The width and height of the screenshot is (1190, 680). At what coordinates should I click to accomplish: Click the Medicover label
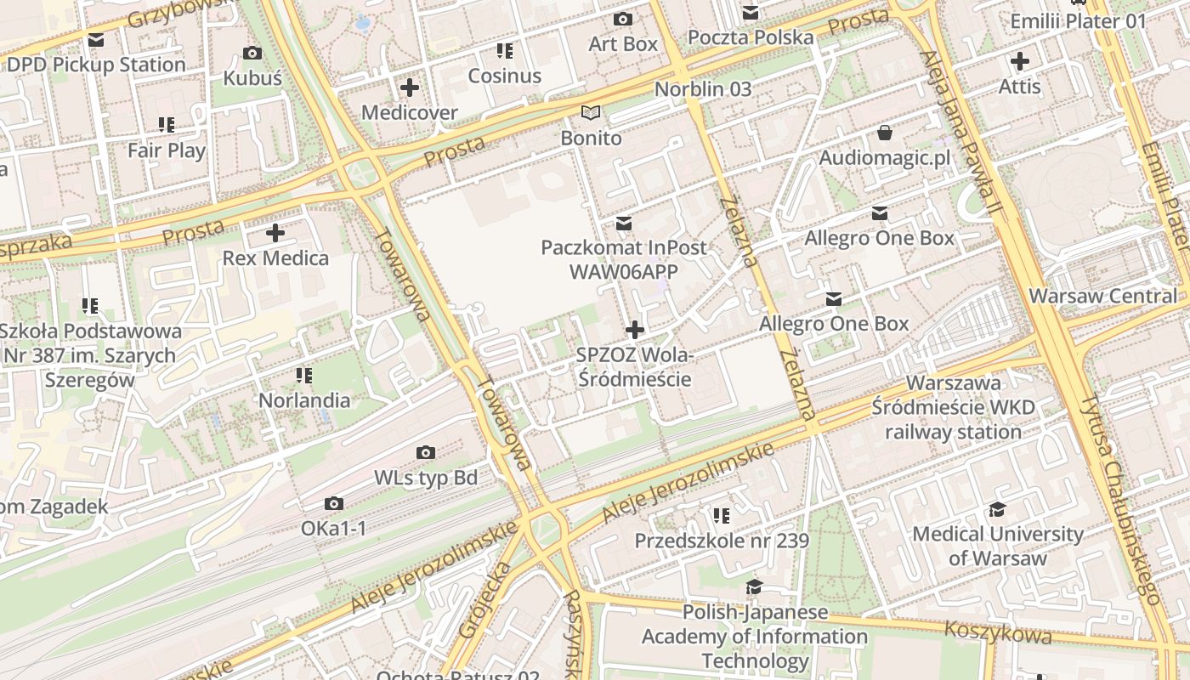click(410, 112)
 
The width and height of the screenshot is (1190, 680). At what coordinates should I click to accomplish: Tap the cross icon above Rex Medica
click(275, 233)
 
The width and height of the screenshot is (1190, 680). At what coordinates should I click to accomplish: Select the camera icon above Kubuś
click(252, 54)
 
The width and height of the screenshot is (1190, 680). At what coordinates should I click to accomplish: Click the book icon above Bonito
click(591, 112)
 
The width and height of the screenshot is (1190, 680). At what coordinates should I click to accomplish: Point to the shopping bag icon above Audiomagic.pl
click(885, 133)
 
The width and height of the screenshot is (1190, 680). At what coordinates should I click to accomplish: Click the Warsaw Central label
click(1103, 296)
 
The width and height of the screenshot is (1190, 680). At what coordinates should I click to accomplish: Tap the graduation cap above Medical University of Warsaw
click(997, 509)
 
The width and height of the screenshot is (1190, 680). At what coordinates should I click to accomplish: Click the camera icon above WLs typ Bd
click(426, 453)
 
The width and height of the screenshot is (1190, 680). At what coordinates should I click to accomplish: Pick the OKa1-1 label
click(334, 529)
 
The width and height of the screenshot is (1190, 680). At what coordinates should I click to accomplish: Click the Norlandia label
click(304, 400)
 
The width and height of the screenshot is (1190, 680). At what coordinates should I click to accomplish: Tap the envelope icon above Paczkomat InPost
click(624, 223)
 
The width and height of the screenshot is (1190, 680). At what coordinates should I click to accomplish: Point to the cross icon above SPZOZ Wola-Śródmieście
click(634, 330)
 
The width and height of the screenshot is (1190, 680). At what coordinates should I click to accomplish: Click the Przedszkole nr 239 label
click(722, 541)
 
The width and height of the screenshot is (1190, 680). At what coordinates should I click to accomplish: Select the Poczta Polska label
click(751, 37)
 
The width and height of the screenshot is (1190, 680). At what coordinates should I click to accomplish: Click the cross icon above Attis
click(1019, 61)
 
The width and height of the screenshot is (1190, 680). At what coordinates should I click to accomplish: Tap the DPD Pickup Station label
click(96, 65)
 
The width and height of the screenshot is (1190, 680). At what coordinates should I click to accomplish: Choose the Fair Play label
click(167, 150)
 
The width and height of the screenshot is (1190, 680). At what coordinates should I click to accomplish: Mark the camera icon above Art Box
click(623, 19)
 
